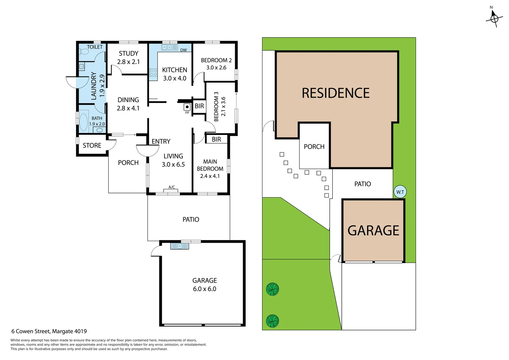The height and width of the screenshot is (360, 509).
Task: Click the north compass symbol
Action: [x=494, y=18]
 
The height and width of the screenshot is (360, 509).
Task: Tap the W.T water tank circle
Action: [x=400, y=192]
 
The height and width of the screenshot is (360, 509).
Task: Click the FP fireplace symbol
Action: [x=187, y=107]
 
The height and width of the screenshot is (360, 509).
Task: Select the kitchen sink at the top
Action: [x=170, y=47]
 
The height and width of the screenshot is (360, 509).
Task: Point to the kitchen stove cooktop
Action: [x=153, y=72]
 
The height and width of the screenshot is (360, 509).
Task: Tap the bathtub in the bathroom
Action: [x=83, y=122]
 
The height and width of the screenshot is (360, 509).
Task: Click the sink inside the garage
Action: [x=180, y=246]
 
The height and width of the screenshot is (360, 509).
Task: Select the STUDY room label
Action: [x=129, y=53]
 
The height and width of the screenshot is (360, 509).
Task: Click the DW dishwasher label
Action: [x=184, y=50]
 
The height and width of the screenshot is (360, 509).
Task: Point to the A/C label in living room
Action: [x=172, y=187]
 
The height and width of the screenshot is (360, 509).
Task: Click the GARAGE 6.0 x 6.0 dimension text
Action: [x=205, y=289]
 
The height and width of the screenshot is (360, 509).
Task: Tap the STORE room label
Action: [x=92, y=145]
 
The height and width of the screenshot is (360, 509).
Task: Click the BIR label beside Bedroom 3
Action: [x=199, y=106]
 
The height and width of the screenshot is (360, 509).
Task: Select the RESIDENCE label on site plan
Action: [x=335, y=93]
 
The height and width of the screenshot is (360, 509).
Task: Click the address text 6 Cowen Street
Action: [x=49, y=331]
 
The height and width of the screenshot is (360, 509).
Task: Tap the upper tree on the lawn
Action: [x=272, y=289]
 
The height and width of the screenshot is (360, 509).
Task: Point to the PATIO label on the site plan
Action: [x=362, y=184]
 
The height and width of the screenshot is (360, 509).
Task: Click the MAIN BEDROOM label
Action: [x=210, y=165]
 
